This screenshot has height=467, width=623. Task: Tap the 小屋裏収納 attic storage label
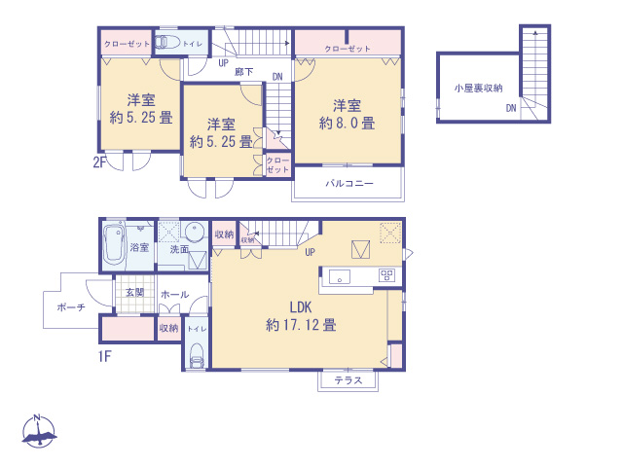[x=478, y=89]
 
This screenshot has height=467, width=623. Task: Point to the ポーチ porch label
[x=71, y=307]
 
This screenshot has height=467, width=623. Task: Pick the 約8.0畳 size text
[x=348, y=124]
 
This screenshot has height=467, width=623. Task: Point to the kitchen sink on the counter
[x=341, y=274]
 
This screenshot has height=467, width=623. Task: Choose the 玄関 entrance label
[x=133, y=293]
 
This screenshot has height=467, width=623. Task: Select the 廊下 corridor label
[x=244, y=72]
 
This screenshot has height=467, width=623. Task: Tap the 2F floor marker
[x=99, y=162]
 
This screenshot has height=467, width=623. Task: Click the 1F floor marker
[x=105, y=357]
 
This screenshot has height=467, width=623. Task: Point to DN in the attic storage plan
[x=511, y=108]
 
